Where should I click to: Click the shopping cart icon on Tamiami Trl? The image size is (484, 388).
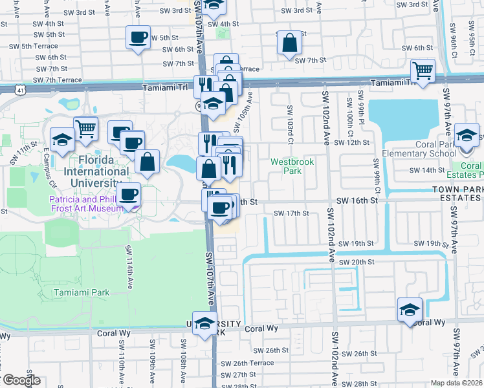(x=423, y=70)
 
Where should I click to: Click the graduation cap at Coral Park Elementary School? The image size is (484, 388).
(x=466, y=136)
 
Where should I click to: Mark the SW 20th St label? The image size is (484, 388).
(x=360, y=261)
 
